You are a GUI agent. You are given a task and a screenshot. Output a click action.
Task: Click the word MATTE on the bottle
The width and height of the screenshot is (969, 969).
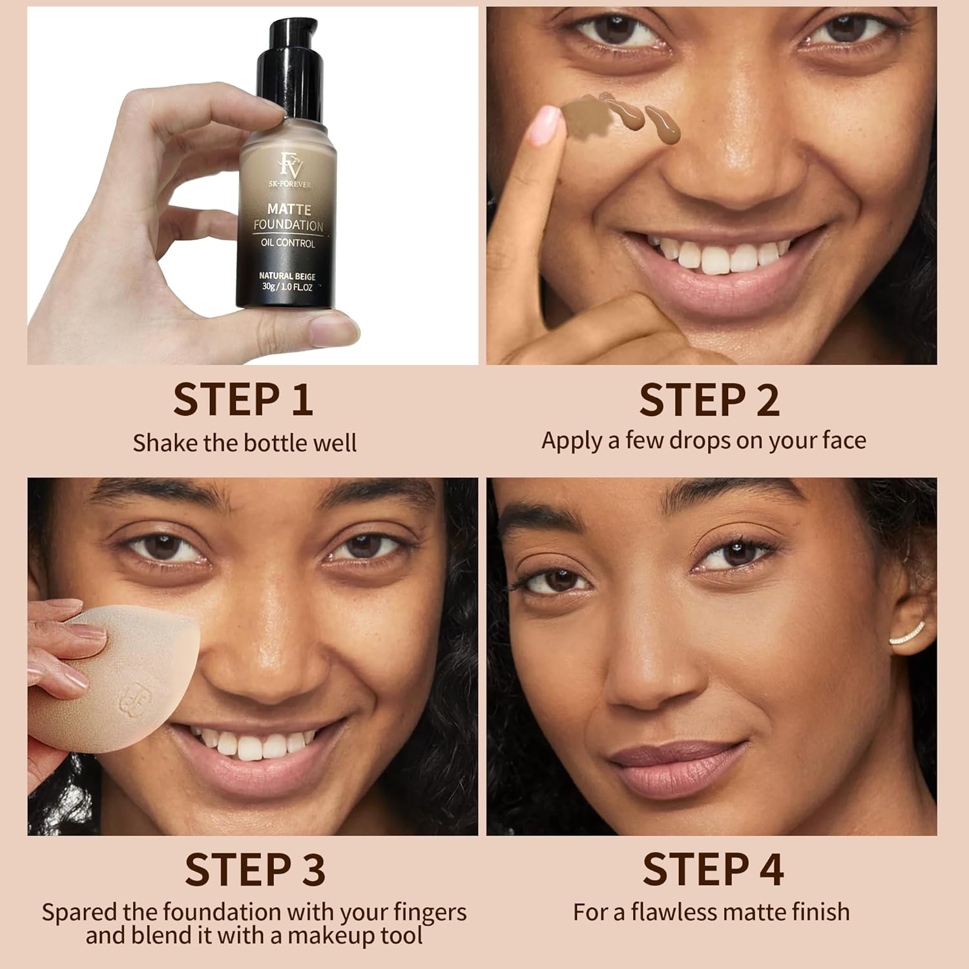coord(289,209)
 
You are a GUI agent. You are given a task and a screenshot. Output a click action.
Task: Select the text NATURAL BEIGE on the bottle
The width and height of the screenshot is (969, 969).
coord(287,276)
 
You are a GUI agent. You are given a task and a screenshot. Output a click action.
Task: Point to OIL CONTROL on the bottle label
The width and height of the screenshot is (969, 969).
coord(287,243)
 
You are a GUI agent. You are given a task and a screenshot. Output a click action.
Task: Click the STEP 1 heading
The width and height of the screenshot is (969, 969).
coord(244,400)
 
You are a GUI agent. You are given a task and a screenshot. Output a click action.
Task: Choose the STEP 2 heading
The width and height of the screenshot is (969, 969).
coord(709,400)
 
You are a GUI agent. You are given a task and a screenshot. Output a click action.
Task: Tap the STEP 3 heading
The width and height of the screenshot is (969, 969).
coord(255,870)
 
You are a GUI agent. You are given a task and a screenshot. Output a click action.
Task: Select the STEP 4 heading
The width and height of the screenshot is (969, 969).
coord(713,870)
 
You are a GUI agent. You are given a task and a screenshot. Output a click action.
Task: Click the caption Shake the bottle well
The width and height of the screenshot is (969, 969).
coord(244,443)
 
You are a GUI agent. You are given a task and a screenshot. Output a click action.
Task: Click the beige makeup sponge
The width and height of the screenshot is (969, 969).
coord(110,678)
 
